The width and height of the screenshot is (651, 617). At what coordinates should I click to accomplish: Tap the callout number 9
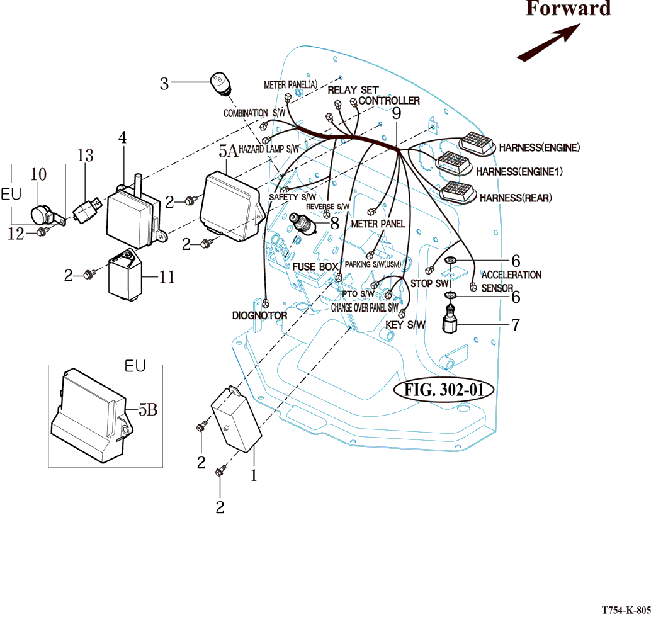396,114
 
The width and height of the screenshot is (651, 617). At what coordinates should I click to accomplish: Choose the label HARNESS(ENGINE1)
519,171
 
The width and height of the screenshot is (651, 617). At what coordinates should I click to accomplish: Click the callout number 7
515,325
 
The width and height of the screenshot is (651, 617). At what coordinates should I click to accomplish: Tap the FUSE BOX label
315,267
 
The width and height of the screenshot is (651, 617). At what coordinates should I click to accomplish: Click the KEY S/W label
405,325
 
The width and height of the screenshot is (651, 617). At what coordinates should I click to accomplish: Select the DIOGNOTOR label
259,315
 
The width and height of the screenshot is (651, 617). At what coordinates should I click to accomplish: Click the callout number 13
85,155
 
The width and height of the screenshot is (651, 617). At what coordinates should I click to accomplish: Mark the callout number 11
166,276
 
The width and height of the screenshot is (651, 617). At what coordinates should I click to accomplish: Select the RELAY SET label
353,90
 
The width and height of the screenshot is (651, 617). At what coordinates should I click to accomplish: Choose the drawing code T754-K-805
625,610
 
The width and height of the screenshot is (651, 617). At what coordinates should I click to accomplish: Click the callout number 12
16,234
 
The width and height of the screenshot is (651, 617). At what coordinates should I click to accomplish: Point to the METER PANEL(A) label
290,84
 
